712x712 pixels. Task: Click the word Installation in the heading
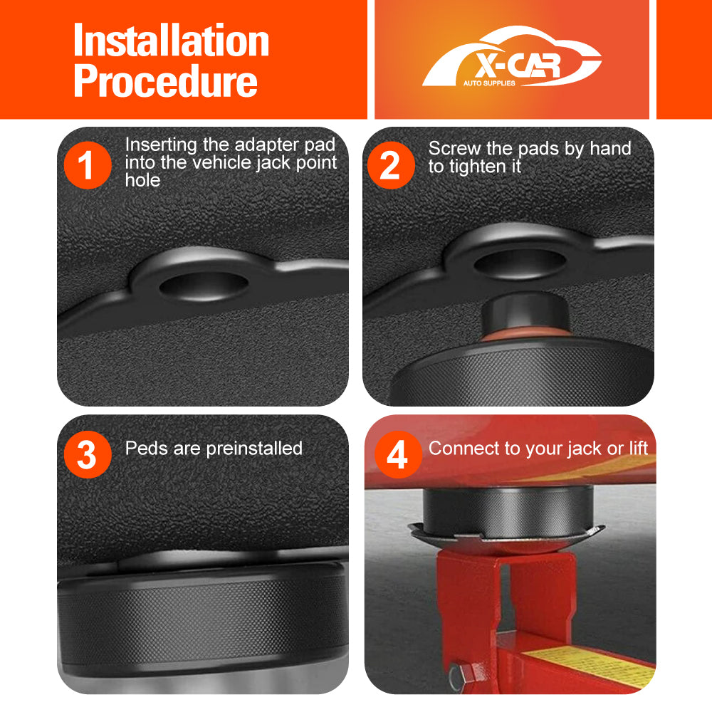point(171,41)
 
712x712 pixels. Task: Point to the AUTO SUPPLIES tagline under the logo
point(489,83)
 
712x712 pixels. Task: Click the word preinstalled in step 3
point(253,449)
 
